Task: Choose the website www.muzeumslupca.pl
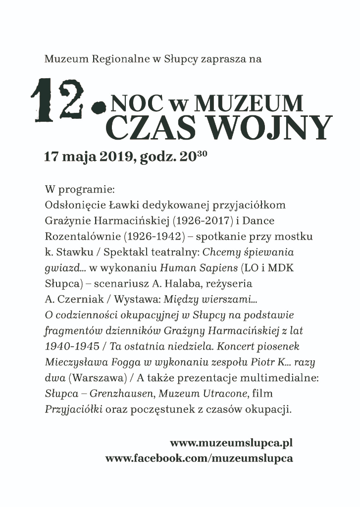point(231,443)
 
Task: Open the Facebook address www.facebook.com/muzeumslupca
point(199,458)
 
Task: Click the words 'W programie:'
point(79,190)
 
